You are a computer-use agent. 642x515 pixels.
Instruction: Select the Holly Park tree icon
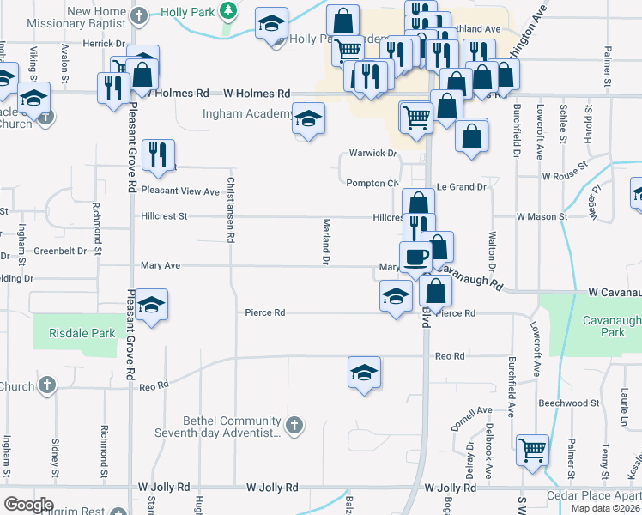pos(227,11)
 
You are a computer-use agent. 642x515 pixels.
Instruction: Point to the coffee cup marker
pos(417,257)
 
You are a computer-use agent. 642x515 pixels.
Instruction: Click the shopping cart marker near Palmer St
pos(532,449)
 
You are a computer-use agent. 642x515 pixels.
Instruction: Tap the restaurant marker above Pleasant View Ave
pos(158,154)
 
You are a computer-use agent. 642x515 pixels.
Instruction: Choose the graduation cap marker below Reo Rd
pos(365,373)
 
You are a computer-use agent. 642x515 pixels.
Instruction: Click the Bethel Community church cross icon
pos(294,425)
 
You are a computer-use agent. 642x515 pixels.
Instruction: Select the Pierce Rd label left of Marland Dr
pos(264,313)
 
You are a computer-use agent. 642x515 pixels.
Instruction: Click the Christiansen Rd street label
pos(230,210)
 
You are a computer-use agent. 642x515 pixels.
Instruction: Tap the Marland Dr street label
pos(326,241)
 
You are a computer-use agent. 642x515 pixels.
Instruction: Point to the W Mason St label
pos(542,217)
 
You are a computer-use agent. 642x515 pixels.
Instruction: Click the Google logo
pos(28,505)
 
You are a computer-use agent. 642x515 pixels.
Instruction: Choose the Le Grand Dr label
pos(461,186)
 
